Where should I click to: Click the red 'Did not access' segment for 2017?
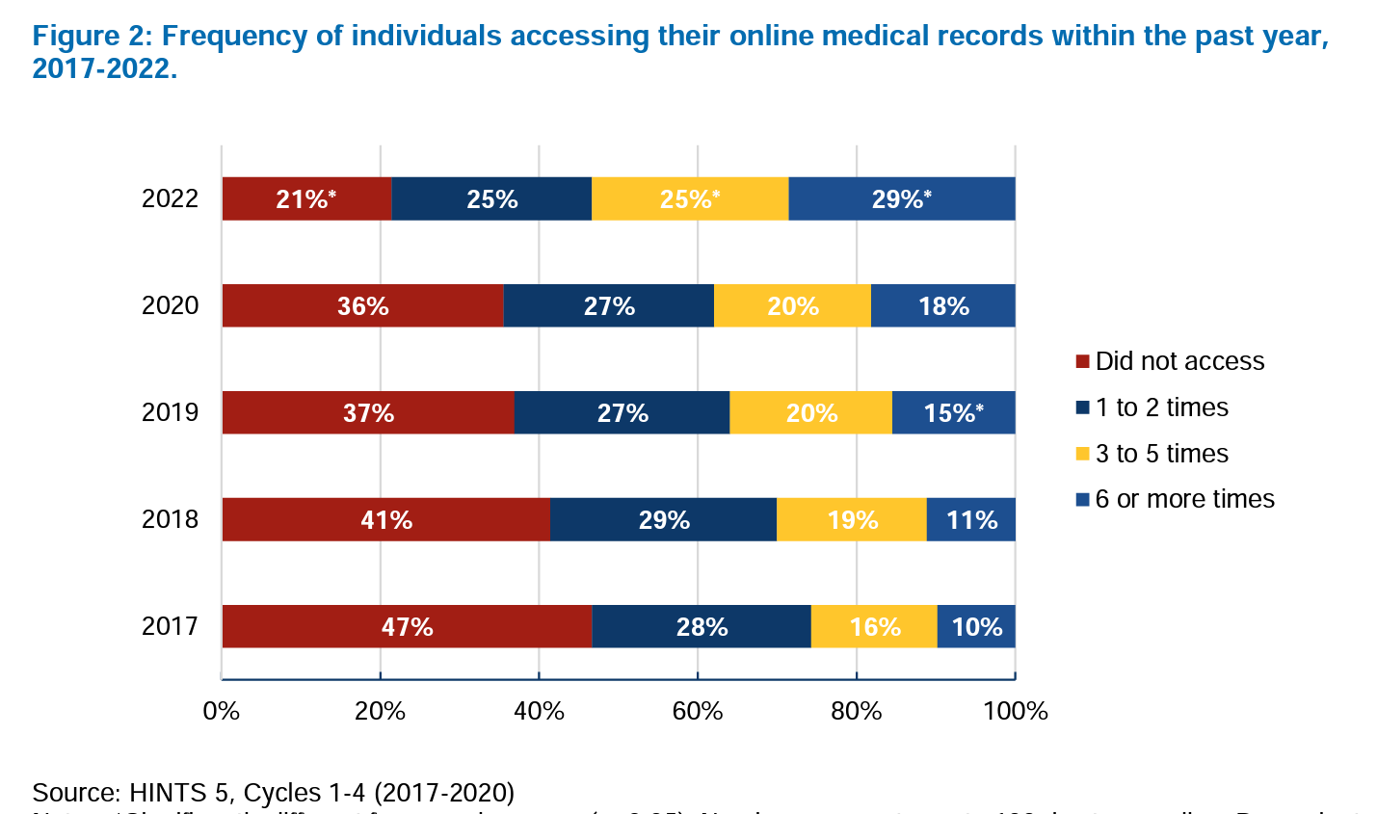tap(407, 626)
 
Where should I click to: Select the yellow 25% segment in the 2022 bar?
tap(690, 198)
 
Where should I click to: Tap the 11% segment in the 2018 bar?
tap(971, 519)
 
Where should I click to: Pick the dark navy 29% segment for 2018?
tap(664, 519)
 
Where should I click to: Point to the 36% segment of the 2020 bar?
tap(362, 305)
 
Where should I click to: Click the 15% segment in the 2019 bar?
tap(953, 412)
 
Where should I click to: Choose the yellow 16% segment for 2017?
tap(874, 626)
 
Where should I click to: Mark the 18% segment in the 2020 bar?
tap(943, 305)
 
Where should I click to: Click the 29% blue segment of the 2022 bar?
tap(901, 198)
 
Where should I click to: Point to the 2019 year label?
tap(170, 412)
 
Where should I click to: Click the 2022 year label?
tap(170, 198)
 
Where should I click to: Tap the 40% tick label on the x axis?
tap(539, 711)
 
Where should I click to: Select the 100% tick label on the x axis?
tap(1015, 711)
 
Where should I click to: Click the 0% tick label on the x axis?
tap(222, 711)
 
